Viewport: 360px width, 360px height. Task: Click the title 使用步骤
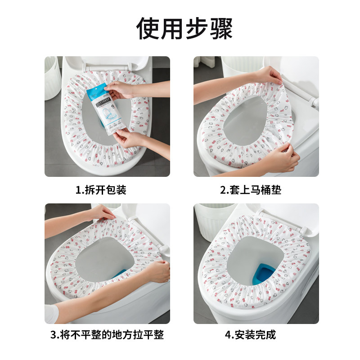[184, 29]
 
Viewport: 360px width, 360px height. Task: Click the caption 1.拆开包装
[101, 190]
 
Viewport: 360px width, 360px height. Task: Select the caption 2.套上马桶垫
[251, 190]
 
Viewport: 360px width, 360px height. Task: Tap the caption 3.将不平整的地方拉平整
[107, 335]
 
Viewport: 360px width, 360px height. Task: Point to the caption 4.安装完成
[251, 335]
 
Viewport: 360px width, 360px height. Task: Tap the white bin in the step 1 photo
[52, 78]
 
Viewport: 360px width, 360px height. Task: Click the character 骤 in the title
[221, 29]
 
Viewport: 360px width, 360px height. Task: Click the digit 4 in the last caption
[228, 335]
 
